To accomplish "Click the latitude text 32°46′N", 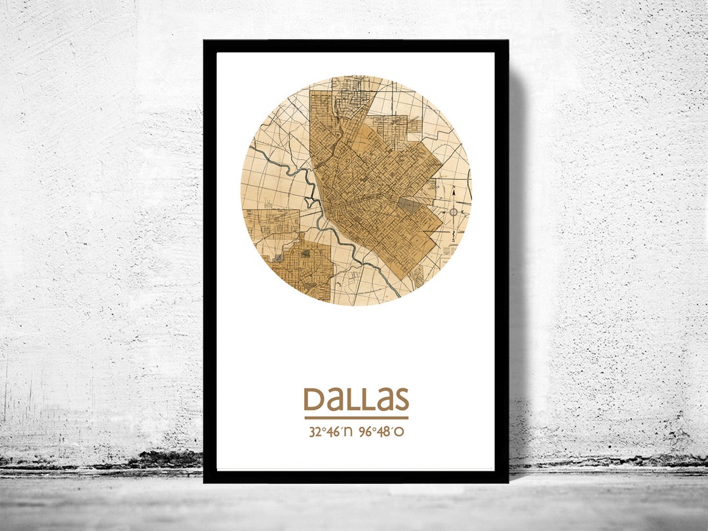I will coord(330,433).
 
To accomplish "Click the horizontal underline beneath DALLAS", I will coord(356,418).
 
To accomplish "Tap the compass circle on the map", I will coord(453,212).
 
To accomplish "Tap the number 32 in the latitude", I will coord(314,433).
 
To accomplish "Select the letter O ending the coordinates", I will coord(408,433).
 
